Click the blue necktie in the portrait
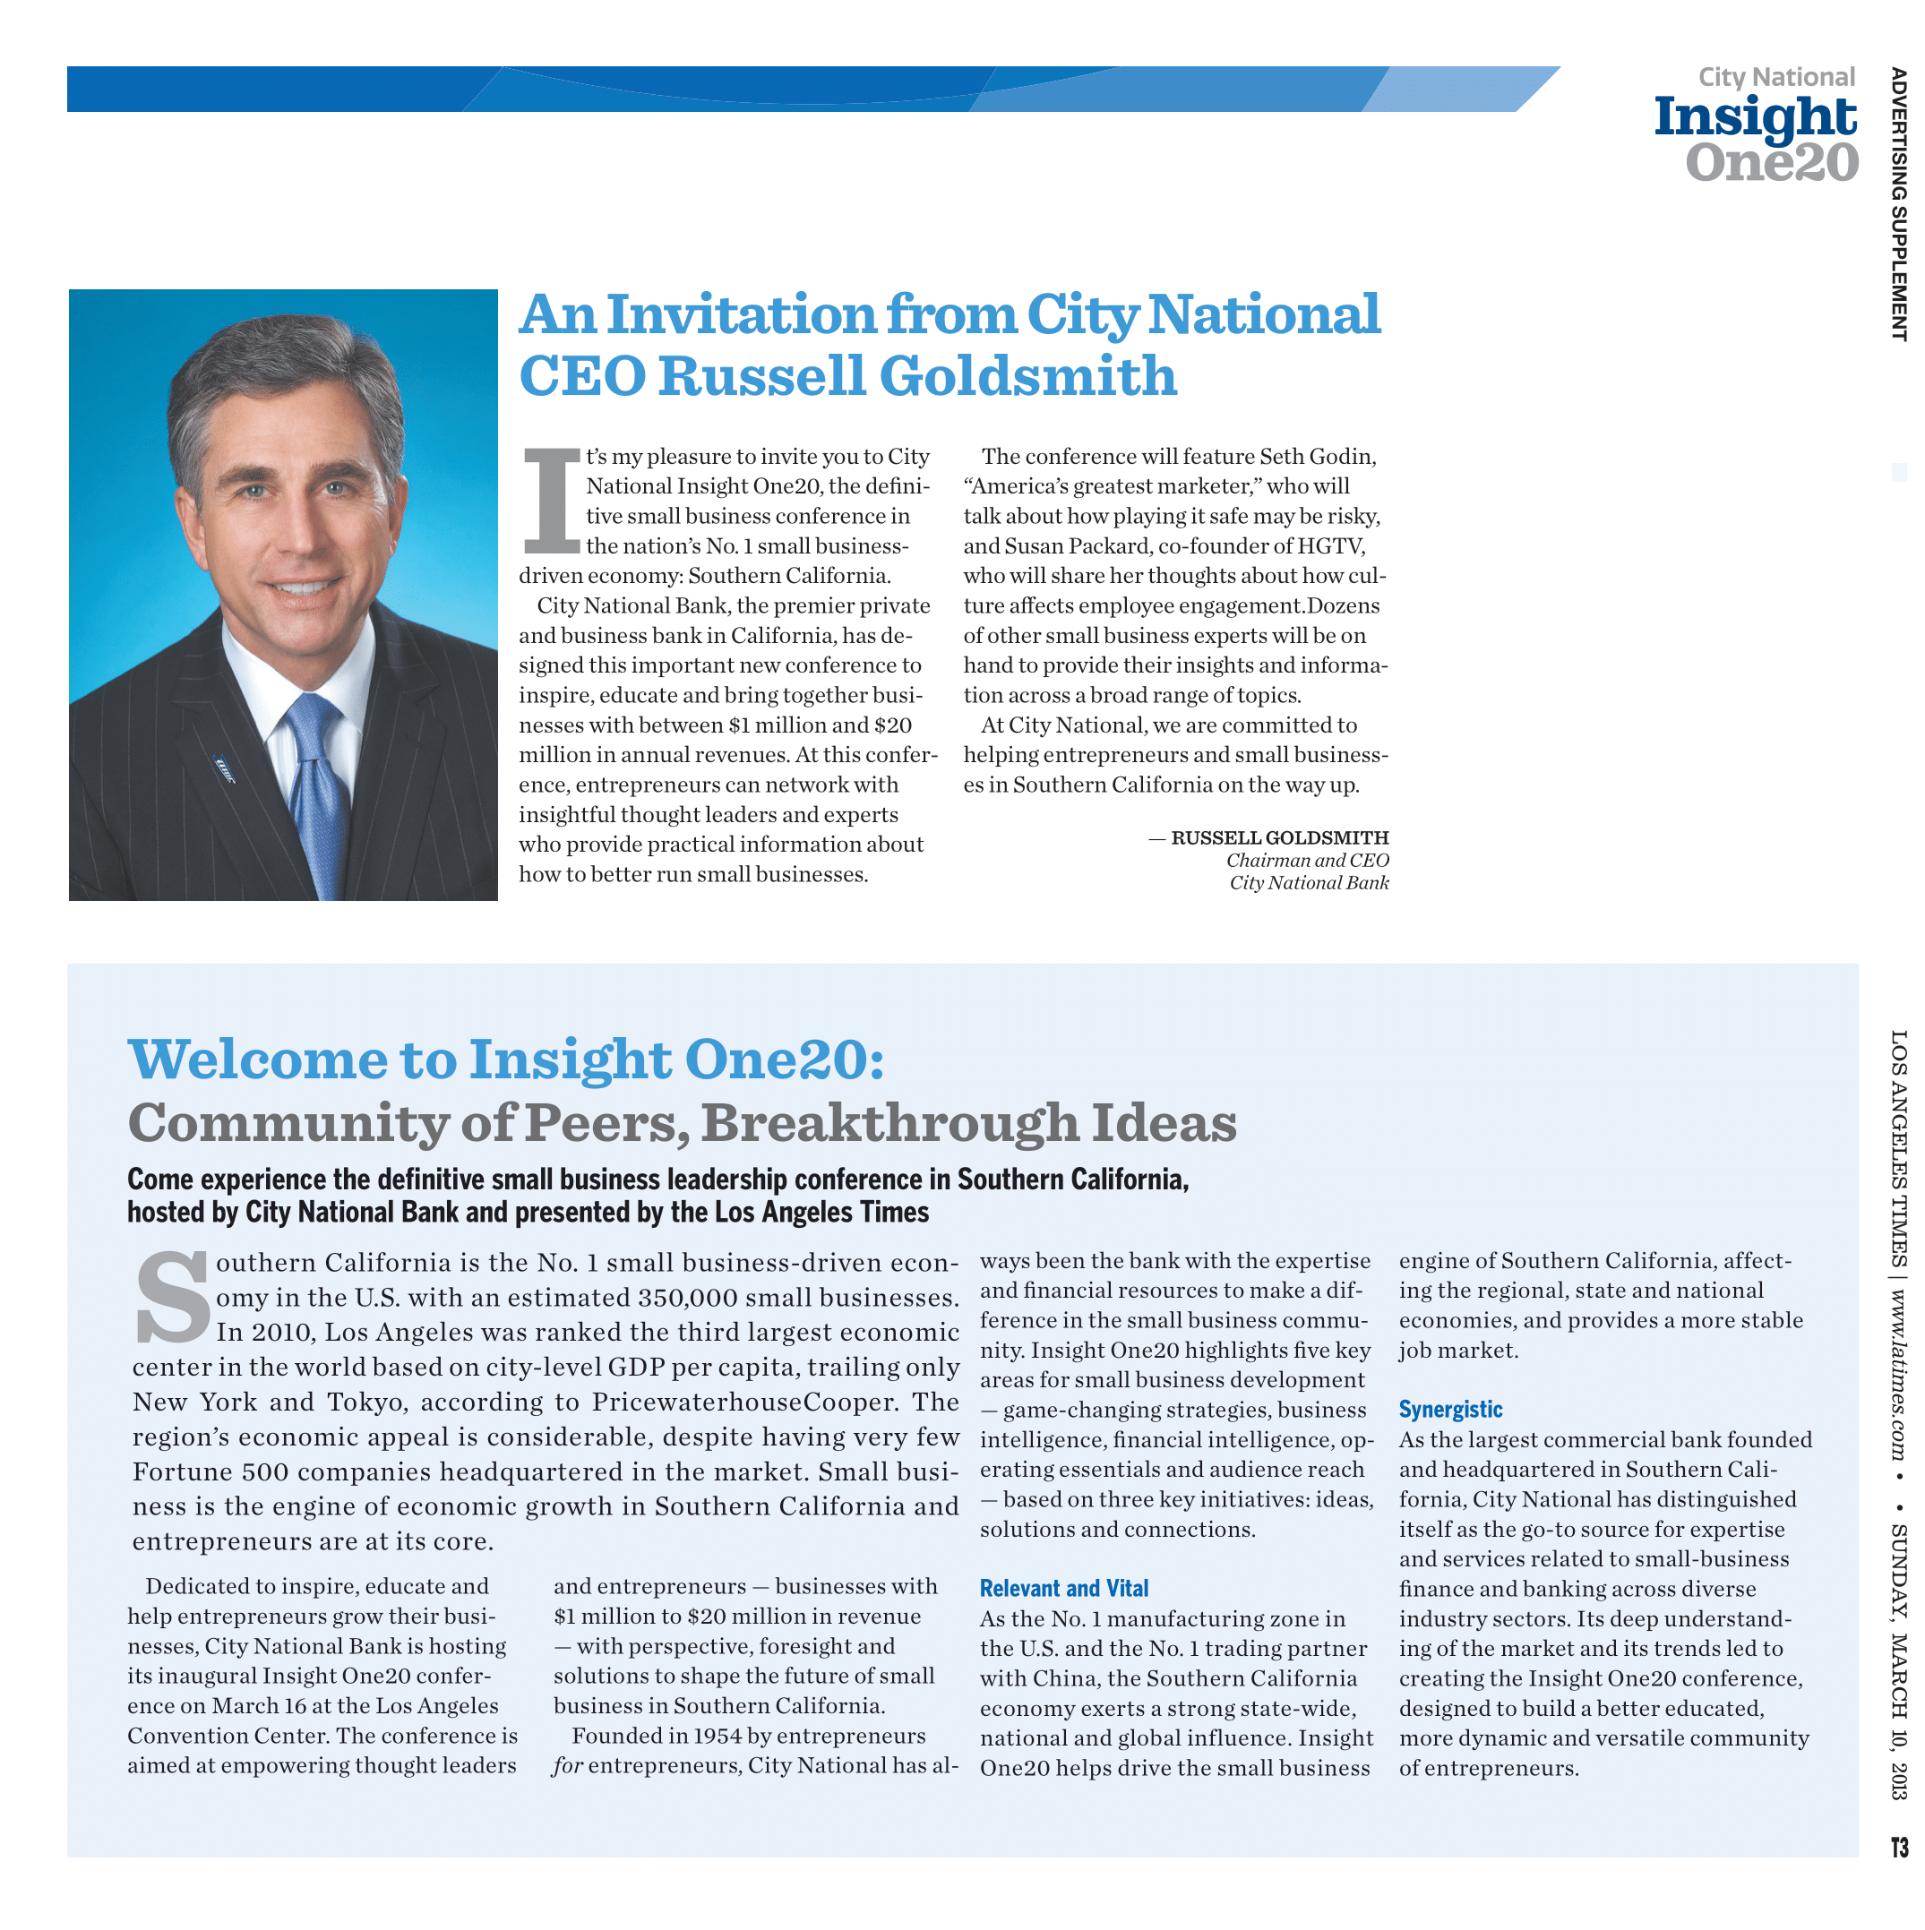click(x=318, y=789)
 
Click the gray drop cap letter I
click(x=552, y=502)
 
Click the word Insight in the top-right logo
click(x=1754, y=118)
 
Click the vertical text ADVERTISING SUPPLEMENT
click(x=1897, y=205)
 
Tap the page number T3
click(x=1898, y=1846)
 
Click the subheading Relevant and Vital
click(x=1063, y=1589)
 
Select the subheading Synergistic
click(x=1449, y=1410)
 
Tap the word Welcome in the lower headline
click(x=258, y=1059)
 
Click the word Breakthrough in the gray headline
click(x=889, y=1123)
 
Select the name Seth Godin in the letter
click(x=1317, y=457)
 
